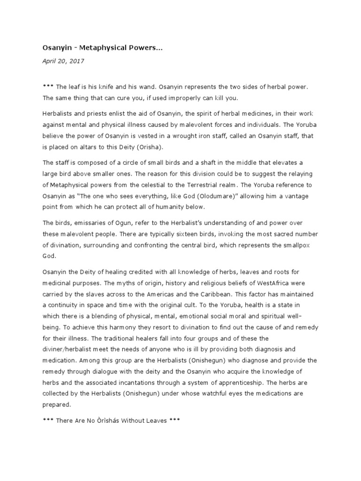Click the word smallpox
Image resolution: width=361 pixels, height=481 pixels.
[301, 245]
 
